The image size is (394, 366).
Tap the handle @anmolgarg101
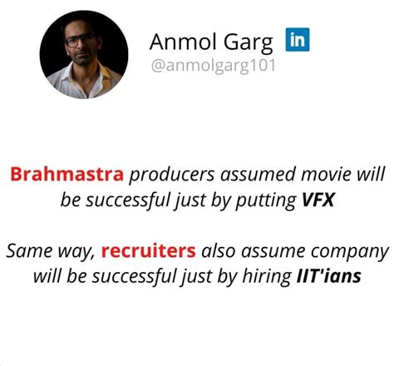pyautogui.click(x=213, y=65)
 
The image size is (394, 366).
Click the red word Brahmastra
pyautogui.click(x=66, y=176)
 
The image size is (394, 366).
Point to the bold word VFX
pyautogui.click(x=318, y=200)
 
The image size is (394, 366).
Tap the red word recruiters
pyautogui.click(x=150, y=250)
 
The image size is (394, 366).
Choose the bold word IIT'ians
pyautogui.click(x=329, y=275)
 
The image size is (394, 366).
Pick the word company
pyautogui.click(x=352, y=250)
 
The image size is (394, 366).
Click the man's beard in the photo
pyautogui.click(x=81, y=60)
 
